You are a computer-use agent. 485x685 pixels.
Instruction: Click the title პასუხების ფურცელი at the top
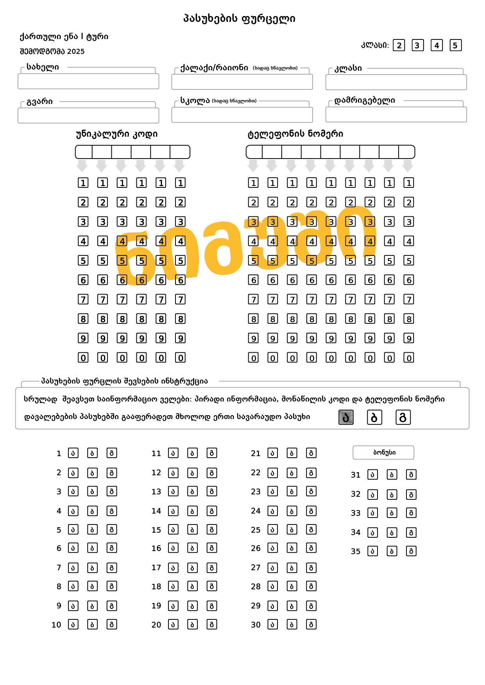pos(239,18)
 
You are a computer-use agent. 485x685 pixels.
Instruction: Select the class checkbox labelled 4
pos(437,45)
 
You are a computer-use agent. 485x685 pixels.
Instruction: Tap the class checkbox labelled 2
pos(399,45)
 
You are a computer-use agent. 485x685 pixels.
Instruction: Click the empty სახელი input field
pos(88,82)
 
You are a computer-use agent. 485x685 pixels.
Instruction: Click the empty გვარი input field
pos(88,116)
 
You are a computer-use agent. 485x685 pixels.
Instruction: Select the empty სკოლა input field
pos(242,115)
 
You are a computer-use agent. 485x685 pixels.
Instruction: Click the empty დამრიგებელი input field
pos(396,114)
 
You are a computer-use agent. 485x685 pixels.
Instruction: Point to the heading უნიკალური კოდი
pos(116,134)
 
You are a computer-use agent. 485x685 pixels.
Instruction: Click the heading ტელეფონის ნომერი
pos(295,134)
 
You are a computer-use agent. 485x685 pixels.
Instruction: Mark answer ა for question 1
pos(73,453)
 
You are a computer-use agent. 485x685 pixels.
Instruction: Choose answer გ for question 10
pos(112,624)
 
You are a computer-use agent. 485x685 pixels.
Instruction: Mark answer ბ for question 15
pos(192,530)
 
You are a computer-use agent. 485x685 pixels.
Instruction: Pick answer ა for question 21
pos(272,453)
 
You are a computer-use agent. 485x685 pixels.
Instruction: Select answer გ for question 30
pos(311,624)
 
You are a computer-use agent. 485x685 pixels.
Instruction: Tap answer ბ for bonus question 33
pos(392,513)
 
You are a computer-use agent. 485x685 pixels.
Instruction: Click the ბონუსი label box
pos(383,453)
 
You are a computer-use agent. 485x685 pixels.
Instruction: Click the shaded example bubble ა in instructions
pos(346,417)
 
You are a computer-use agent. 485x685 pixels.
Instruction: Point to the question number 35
pos(355,551)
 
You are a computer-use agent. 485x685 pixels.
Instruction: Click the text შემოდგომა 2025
pos(52,52)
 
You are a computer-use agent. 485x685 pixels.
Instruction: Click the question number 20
pos(156,625)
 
